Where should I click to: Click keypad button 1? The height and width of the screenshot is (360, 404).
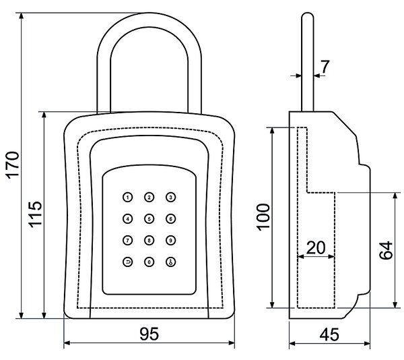(127, 198)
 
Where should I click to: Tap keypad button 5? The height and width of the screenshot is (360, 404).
(149, 219)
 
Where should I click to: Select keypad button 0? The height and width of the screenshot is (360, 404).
(149, 262)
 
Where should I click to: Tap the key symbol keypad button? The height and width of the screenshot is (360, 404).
(170, 262)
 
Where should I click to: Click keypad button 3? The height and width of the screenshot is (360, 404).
(170, 198)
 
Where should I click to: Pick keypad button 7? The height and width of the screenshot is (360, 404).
(127, 241)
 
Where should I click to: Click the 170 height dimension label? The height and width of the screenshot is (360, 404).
(12, 165)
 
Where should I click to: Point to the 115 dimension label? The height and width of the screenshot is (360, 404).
(35, 214)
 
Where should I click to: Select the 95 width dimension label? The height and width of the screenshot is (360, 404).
(149, 334)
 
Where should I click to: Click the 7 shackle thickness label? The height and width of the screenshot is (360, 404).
(325, 67)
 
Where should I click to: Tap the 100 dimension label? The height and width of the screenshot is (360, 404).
(263, 217)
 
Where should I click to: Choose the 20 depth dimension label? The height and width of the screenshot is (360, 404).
(316, 248)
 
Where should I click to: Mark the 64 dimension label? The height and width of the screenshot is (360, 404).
(386, 250)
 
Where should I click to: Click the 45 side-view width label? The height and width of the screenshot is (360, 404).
(329, 334)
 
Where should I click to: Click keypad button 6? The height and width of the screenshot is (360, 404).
(170, 219)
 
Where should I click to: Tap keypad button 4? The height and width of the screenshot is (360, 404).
(127, 219)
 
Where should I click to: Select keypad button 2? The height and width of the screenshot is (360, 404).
(149, 198)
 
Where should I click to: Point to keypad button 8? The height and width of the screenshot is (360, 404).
(149, 241)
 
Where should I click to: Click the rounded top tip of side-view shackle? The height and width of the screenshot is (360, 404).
(308, 13)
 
